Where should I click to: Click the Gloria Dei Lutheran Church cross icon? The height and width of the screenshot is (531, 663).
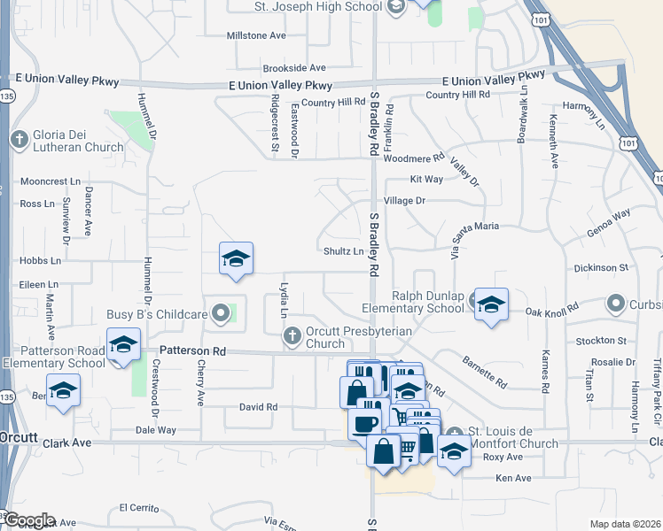pyautogui.click(x=19, y=139)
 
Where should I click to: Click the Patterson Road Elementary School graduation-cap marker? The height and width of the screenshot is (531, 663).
pyautogui.click(x=123, y=344)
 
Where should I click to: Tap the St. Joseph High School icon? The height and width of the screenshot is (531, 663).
pyautogui.click(x=395, y=7)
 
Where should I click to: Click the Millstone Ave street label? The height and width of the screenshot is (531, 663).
pyautogui.click(x=256, y=35)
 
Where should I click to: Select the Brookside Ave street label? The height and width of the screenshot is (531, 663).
pyautogui.click(x=294, y=67)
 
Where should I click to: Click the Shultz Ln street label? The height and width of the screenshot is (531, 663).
pyautogui.click(x=343, y=251)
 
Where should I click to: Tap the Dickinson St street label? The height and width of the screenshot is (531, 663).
pyautogui.click(x=600, y=266)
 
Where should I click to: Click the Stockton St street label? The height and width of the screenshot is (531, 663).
pyautogui.click(x=601, y=340)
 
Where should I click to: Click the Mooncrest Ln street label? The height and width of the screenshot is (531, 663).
pyautogui.click(x=50, y=181)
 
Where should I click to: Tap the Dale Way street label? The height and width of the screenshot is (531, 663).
pyautogui.click(x=155, y=430)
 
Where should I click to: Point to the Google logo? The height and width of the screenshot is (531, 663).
pyautogui.click(x=28, y=520)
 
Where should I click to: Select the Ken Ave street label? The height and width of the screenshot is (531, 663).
pyautogui.click(x=513, y=478)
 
